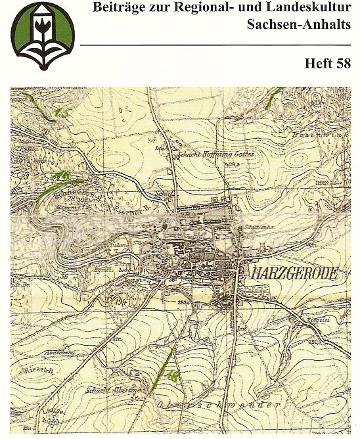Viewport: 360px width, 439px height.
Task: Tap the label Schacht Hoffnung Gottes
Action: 215,156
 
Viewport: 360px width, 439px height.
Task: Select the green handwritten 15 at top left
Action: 62,114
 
